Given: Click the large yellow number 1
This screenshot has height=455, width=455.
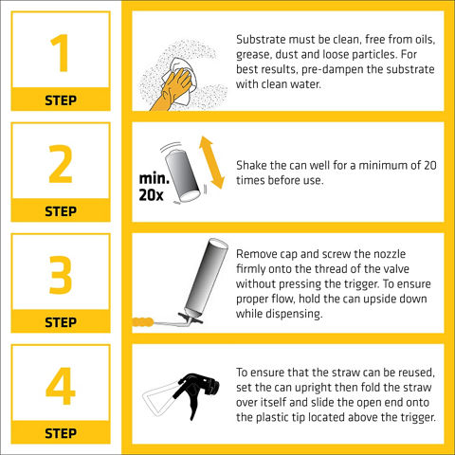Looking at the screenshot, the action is [61, 53].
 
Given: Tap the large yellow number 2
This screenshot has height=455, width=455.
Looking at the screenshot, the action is [61, 164].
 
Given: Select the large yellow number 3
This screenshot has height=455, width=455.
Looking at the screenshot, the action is [61, 275].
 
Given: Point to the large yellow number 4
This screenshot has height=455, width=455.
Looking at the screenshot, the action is [61, 386].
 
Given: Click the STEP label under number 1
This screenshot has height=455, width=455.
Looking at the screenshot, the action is [61, 100].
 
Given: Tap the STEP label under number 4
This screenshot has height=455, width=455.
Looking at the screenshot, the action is [61, 433].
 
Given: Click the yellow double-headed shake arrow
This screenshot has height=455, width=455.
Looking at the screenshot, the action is [211, 162].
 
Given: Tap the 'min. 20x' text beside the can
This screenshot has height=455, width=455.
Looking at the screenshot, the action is [154, 187].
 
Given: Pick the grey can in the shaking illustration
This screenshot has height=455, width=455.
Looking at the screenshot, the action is [183, 175].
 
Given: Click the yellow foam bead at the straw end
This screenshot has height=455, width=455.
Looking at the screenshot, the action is [142, 322].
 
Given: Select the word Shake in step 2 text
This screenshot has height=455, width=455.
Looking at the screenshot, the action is [247, 165].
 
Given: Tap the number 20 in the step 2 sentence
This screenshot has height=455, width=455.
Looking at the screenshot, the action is [430, 165].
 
